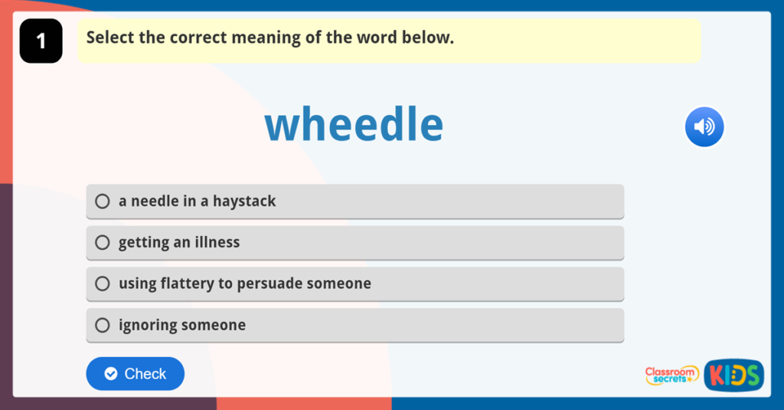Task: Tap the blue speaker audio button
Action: (x=704, y=126)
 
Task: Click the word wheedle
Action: (x=354, y=125)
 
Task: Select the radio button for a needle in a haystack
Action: (x=103, y=202)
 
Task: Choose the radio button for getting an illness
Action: (x=103, y=242)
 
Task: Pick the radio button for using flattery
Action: (x=103, y=284)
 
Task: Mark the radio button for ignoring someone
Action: (x=103, y=325)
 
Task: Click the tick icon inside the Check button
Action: (x=111, y=374)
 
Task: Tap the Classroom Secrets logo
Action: (x=671, y=375)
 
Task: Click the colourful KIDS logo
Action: (x=733, y=375)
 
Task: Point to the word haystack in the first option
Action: (x=244, y=202)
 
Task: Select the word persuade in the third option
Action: (x=269, y=284)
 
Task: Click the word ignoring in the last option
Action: (x=147, y=325)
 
